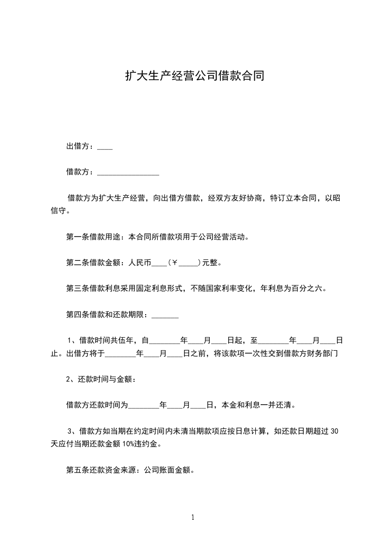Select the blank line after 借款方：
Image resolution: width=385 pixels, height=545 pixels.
click(x=128, y=172)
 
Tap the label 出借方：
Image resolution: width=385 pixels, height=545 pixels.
click(x=81, y=146)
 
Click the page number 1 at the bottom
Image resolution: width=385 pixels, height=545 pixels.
click(x=193, y=517)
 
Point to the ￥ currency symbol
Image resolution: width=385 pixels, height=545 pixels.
click(x=176, y=264)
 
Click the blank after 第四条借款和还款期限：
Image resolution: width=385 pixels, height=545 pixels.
click(x=165, y=315)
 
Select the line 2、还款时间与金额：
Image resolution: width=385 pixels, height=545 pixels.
click(x=101, y=380)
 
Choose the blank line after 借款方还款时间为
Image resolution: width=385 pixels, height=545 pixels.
click(x=143, y=406)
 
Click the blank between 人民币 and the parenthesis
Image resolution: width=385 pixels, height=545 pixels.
click(x=159, y=265)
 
